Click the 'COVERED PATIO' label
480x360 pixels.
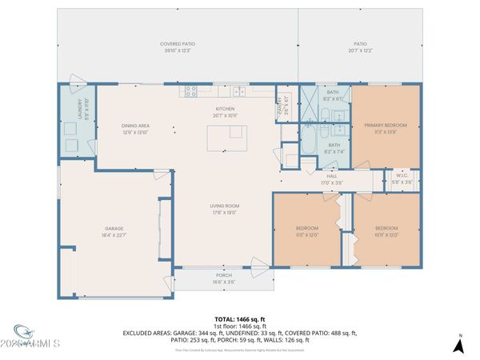coord(178,45)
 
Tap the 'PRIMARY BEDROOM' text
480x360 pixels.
coord(386,126)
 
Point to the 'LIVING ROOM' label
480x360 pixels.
coord(225,206)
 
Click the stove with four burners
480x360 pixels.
coord(191,91)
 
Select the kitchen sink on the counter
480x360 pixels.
coord(239,91)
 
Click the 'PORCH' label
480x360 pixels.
coord(224,278)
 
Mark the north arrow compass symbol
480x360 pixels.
coord(458,345)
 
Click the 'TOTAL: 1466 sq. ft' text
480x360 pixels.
coord(239,318)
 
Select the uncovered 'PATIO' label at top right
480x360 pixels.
coord(361,45)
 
